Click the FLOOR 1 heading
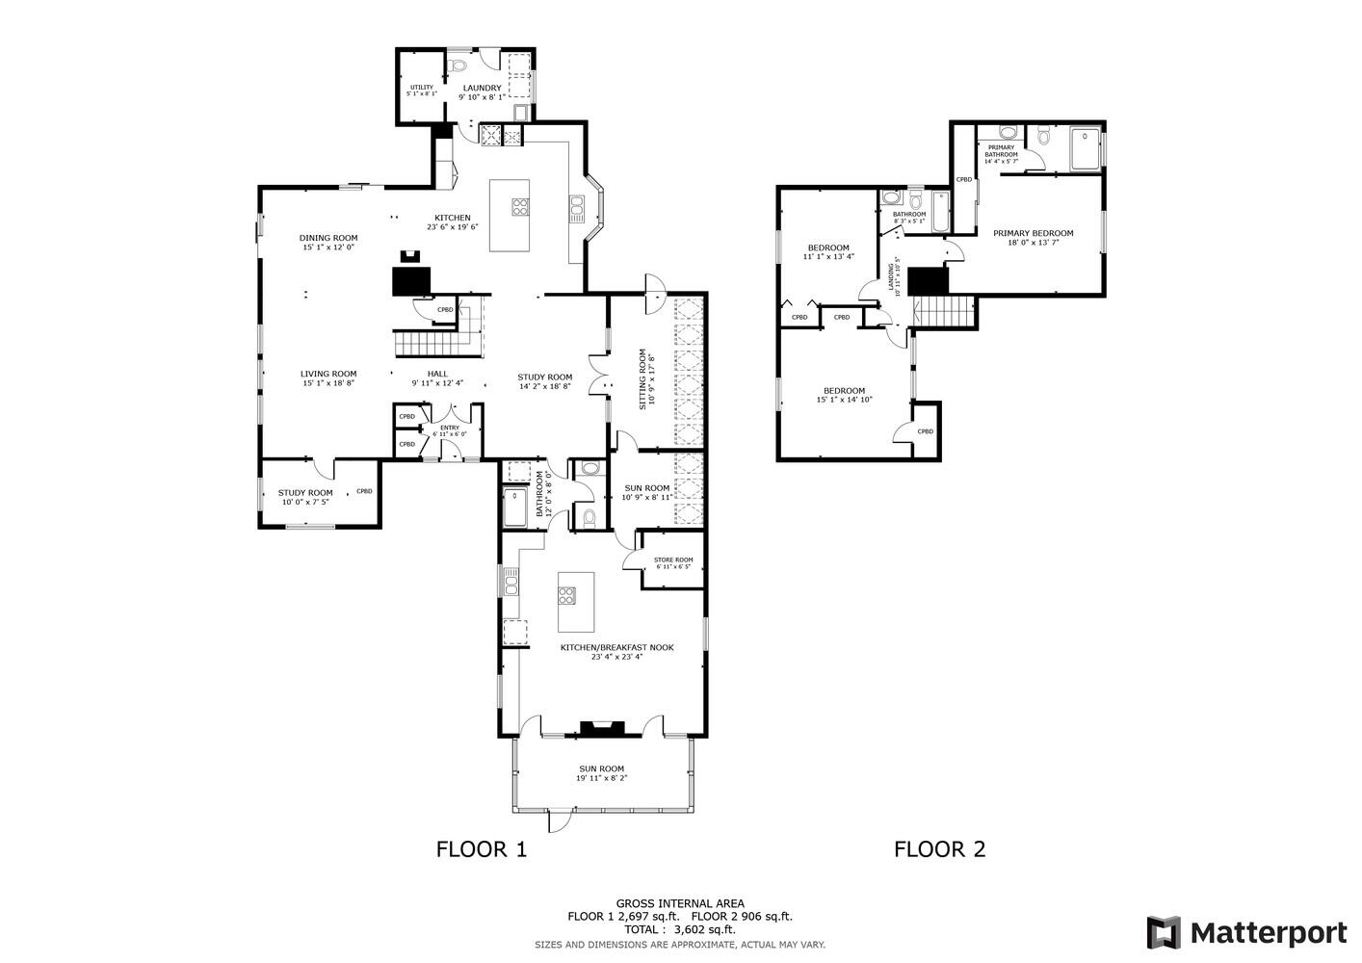pyautogui.click(x=482, y=849)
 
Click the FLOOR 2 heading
pyautogui.click(x=939, y=849)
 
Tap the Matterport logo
pyautogui.click(x=1246, y=932)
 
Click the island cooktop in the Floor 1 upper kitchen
pyautogui.click(x=520, y=205)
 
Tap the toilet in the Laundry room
pyautogui.click(x=458, y=65)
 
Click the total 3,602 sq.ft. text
pyautogui.click(x=679, y=929)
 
